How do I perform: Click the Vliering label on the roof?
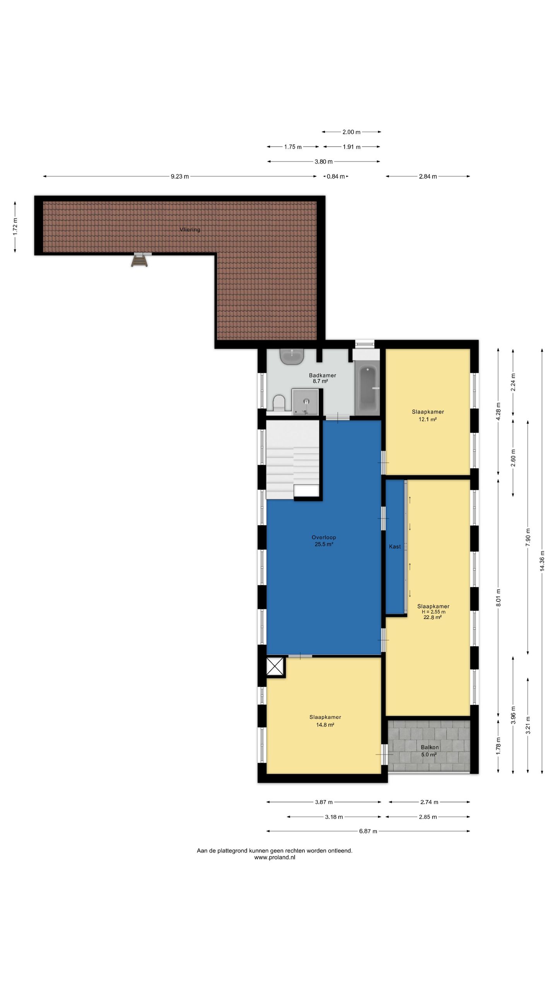190,229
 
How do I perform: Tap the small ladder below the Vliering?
140,259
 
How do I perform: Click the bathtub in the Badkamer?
367,388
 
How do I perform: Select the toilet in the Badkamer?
279,403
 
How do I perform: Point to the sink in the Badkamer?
292,356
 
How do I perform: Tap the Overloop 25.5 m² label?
324,541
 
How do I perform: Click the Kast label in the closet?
395,546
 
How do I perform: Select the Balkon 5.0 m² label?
429,751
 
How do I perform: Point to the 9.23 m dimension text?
180,177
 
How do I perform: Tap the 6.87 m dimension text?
368,831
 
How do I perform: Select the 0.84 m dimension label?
336,177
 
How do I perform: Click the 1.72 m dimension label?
15,227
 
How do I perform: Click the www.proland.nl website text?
275,857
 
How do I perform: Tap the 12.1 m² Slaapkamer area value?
428,419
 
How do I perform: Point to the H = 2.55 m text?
434,612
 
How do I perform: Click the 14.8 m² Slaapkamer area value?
325,725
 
